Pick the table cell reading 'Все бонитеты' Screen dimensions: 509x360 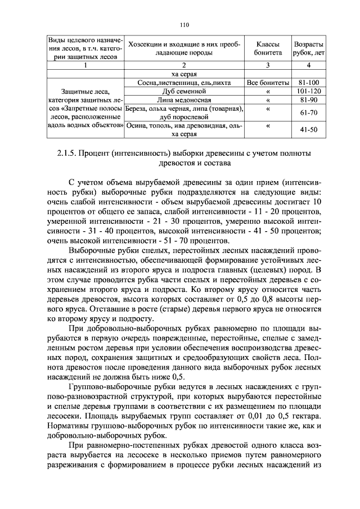[267, 83]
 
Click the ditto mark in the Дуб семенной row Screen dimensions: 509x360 [267, 91]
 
